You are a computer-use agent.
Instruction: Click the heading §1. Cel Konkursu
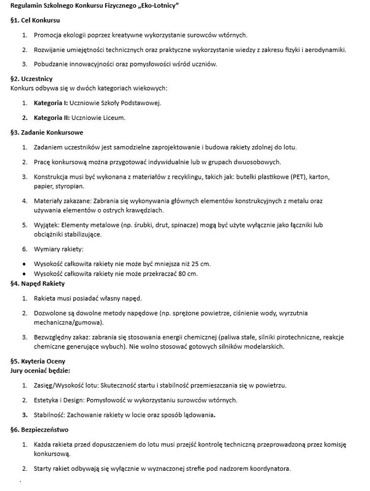pos(35,20)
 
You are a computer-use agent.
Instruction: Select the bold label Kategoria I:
pos(51,103)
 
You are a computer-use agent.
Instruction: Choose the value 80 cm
pos(188,274)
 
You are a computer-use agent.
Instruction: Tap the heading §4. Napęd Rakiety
pos(37,283)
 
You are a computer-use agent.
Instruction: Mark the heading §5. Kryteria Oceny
pos(38,361)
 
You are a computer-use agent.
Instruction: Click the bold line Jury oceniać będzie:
pos(40,371)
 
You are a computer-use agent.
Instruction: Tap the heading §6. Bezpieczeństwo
pos(39,429)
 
